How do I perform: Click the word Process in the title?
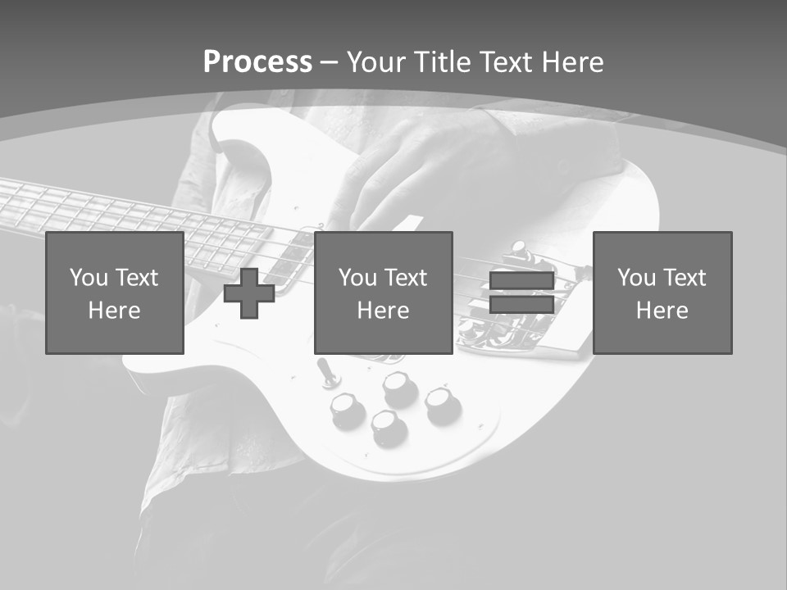[x=257, y=61]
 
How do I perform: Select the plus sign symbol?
[x=249, y=293]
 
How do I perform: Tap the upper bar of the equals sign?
[x=521, y=280]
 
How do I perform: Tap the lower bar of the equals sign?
[x=521, y=305]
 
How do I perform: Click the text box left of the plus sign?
[x=115, y=293]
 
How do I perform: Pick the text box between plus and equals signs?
[x=383, y=293]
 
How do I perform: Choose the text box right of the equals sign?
[x=662, y=293]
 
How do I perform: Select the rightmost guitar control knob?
[x=442, y=402]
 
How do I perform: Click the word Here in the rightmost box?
[x=662, y=311]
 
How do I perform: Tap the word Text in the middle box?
[x=406, y=277]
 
